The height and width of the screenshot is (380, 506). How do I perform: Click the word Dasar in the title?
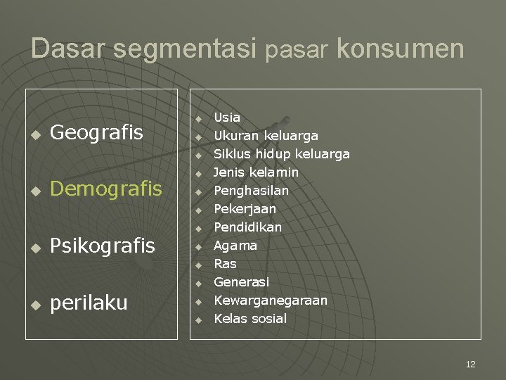pyautogui.click(x=67, y=49)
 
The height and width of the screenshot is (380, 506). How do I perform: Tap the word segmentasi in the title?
pyautogui.click(x=184, y=49)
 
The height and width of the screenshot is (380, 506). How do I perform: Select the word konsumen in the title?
pyautogui.click(x=401, y=49)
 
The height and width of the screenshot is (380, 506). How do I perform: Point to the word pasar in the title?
pyautogui.click(x=297, y=51)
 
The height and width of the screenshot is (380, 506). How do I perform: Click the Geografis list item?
pyautogui.click(x=97, y=132)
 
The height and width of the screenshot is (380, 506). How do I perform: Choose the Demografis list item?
pyautogui.click(x=106, y=189)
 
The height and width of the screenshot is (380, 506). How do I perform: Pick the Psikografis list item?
pyautogui.click(x=103, y=246)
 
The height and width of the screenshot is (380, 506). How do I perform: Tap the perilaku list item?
pyautogui.click(x=89, y=303)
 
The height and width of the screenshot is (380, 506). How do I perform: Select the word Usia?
pyautogui.click(x=227, y=118)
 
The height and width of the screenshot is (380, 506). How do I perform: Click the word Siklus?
pyautogui.click(x=231, y=154)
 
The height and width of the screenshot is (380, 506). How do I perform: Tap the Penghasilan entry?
pyautogui.click(x=251, y=191)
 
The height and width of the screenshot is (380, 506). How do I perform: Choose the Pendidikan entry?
pyautogui.click(x=247, y=227)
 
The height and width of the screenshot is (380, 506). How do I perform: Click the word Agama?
pyautogui.click(x=235, y=246)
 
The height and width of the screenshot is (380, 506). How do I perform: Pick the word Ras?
pyautogui.click(x=225, y=264)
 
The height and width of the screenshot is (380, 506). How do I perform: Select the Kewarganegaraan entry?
pyautogui.click(x=271, y=300)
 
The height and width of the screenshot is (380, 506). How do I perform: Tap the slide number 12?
pyautogui.click(x=470, y=364)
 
